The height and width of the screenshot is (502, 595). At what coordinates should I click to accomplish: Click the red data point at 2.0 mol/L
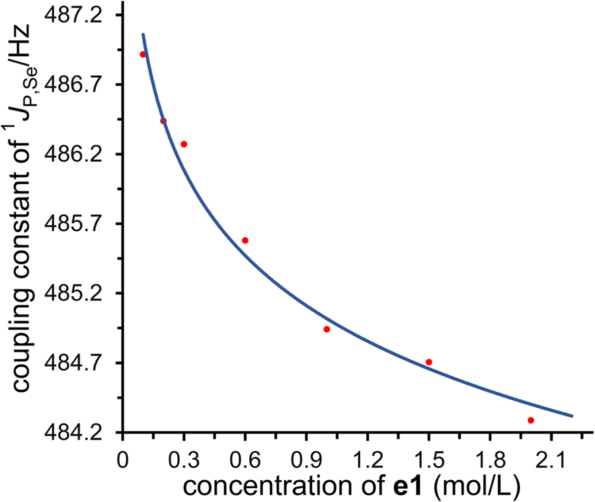coord(531,420)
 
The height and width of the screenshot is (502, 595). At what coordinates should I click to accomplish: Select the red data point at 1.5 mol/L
coord(429,362)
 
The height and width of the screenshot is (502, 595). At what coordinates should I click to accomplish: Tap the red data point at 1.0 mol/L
coord(327,329)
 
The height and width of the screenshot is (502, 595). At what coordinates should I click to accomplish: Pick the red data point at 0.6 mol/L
coord(245,240)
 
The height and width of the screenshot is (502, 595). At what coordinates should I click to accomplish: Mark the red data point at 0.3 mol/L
coord(184,144)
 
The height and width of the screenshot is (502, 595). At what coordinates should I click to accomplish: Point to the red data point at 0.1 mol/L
coord(143,54)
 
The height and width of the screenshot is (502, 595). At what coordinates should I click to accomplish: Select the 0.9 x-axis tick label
coord(306,458)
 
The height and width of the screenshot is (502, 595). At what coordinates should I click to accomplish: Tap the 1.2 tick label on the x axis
coord(368,458)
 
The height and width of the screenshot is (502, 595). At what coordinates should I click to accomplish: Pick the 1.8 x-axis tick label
coord(490,458)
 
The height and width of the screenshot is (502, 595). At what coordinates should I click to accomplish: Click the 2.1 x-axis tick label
coord(551,458)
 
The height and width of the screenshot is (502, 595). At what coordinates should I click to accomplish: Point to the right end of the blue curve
coord(572,415)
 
